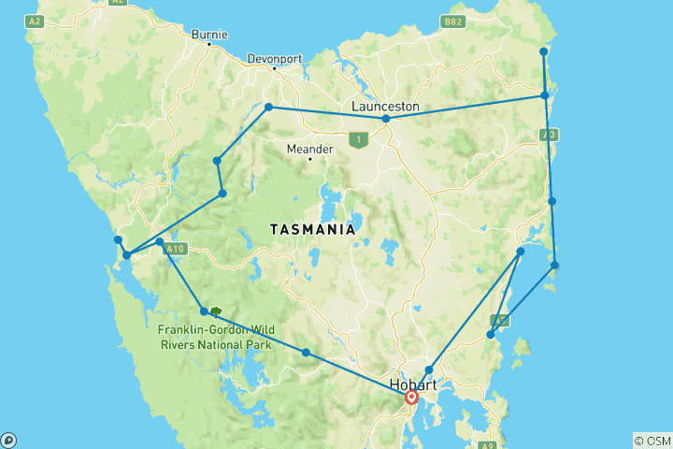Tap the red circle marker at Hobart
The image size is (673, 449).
coord(411,398)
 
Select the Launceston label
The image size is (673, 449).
coord(385,107)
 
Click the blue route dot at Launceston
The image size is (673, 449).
coord(386,119)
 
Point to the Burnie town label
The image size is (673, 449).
coord(208,35)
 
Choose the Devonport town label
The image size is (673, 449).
coord(275,58)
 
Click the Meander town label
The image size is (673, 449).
coord(309,148)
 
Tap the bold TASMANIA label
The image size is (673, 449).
coord(312,229)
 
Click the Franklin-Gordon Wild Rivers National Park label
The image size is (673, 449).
coord(214,337)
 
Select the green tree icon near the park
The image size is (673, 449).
coord(216,313)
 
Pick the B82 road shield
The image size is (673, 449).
coord(453,21)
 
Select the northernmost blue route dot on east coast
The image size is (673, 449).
coord(544,51)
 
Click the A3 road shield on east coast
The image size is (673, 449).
coord(550,136)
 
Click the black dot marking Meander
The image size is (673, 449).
coord(309,158)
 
